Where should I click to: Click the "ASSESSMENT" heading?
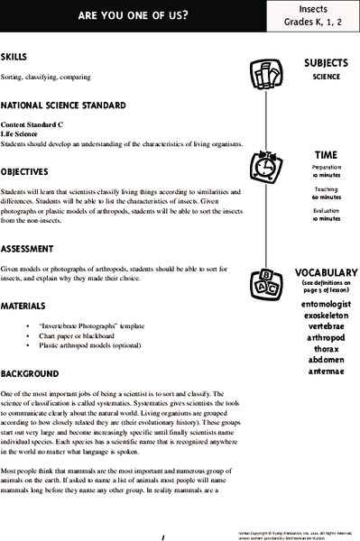point(32,248)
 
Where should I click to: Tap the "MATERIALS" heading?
point(26,307)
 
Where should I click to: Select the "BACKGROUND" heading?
point(31,372)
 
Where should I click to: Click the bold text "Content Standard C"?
point(32,124)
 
